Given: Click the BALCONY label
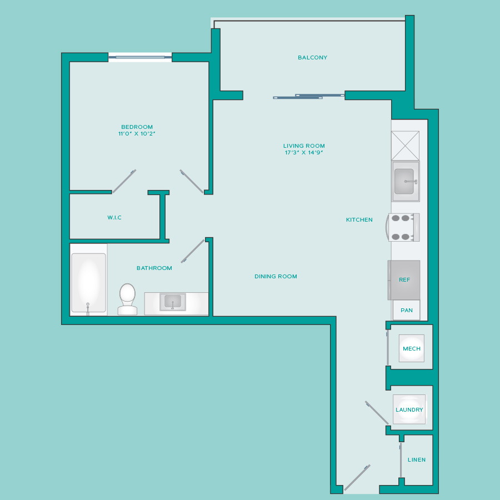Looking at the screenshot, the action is click(312, 58).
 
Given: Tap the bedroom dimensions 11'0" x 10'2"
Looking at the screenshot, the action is click(137, 133).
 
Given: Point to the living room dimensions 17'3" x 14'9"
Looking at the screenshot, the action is click(304, 152).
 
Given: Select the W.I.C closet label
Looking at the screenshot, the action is click(114, 217).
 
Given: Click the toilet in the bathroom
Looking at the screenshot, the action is click(128, 299).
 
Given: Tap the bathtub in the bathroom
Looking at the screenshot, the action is click(89, 283).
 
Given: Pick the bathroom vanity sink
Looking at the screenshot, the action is click(173, 302).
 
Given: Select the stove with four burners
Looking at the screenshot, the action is click(403, 227).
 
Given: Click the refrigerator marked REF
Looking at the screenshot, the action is click(404, 280).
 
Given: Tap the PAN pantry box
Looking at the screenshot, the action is click(406, 310).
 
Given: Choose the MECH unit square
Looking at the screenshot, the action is click(411, 348).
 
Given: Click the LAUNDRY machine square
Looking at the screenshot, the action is click(409, 409).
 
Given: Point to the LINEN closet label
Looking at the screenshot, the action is click(417, 460).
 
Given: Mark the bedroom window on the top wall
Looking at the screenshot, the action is click(140, 57).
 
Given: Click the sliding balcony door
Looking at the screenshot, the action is click(309, 96).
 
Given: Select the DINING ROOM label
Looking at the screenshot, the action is click(276, 277).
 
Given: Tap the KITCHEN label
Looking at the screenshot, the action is click(359, 219).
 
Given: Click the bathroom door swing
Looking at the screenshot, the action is click(193, 251).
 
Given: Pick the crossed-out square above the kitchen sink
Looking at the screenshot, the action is click(406, 146).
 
